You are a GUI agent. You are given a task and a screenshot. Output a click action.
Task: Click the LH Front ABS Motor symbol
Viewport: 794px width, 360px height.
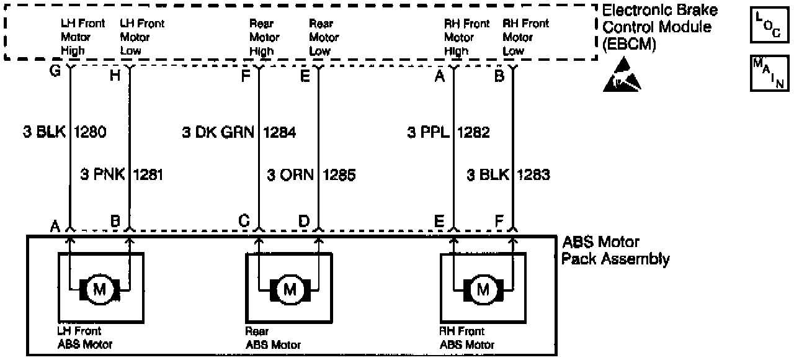pos(99,289)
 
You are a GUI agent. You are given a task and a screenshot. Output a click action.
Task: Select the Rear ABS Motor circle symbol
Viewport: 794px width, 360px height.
pos(289,289)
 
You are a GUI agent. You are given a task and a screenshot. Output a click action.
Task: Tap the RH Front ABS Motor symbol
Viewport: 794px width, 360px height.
pos(482,289)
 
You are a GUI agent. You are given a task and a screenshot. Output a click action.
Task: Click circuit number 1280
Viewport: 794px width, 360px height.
pos(91,132)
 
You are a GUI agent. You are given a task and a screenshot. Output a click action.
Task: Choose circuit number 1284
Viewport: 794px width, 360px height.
pos(280,132)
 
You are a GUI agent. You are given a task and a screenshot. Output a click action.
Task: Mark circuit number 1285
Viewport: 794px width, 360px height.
pos(339,175)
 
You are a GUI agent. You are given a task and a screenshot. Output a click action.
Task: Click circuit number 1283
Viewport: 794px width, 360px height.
pos(533,175)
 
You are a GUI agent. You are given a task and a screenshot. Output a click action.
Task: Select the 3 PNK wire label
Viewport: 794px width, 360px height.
pos(102,175)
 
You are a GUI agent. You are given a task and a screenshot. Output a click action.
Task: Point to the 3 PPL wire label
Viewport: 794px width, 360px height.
pos(428,132)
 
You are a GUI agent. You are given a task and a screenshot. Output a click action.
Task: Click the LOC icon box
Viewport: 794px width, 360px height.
pos(769,25)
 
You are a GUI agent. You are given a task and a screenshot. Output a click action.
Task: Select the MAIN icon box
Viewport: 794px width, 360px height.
pos(769,73)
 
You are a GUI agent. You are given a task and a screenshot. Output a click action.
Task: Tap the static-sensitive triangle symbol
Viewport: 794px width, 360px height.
pos(622,77)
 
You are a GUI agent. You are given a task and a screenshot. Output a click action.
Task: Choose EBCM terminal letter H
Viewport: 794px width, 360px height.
pos(114,76)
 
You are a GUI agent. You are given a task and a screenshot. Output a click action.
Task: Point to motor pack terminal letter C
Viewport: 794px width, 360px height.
pos(244,221)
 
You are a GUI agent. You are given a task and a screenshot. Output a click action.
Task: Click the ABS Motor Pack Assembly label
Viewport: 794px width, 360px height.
pos(615,250)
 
